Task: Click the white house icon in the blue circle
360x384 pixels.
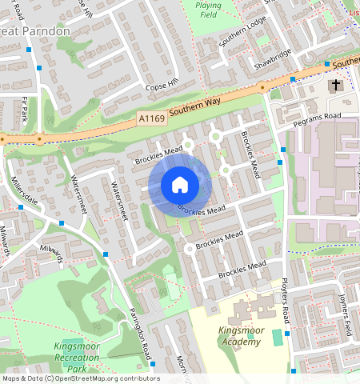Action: click(180, 185)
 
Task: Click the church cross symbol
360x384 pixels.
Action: click(336, 85)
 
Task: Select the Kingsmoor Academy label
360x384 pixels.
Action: click(239, 336)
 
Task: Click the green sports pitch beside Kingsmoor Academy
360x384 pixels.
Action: click(277, 337)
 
